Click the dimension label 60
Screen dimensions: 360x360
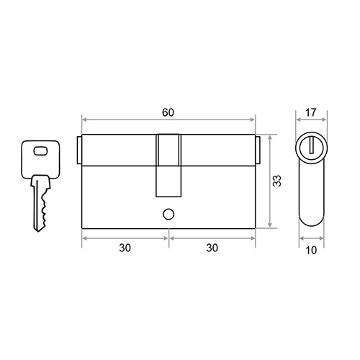(168, 112)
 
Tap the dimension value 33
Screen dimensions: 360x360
(277, 181)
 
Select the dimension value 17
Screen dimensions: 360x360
(311, 112)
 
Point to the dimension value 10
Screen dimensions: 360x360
(311, 251)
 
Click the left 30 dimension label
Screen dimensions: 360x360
(125, 248)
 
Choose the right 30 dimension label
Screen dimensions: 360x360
(212, 248)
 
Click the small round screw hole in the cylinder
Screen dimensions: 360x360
(168, 214)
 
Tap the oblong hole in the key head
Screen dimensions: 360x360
(40, 151)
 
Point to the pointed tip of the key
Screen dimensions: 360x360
(38, 231)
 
